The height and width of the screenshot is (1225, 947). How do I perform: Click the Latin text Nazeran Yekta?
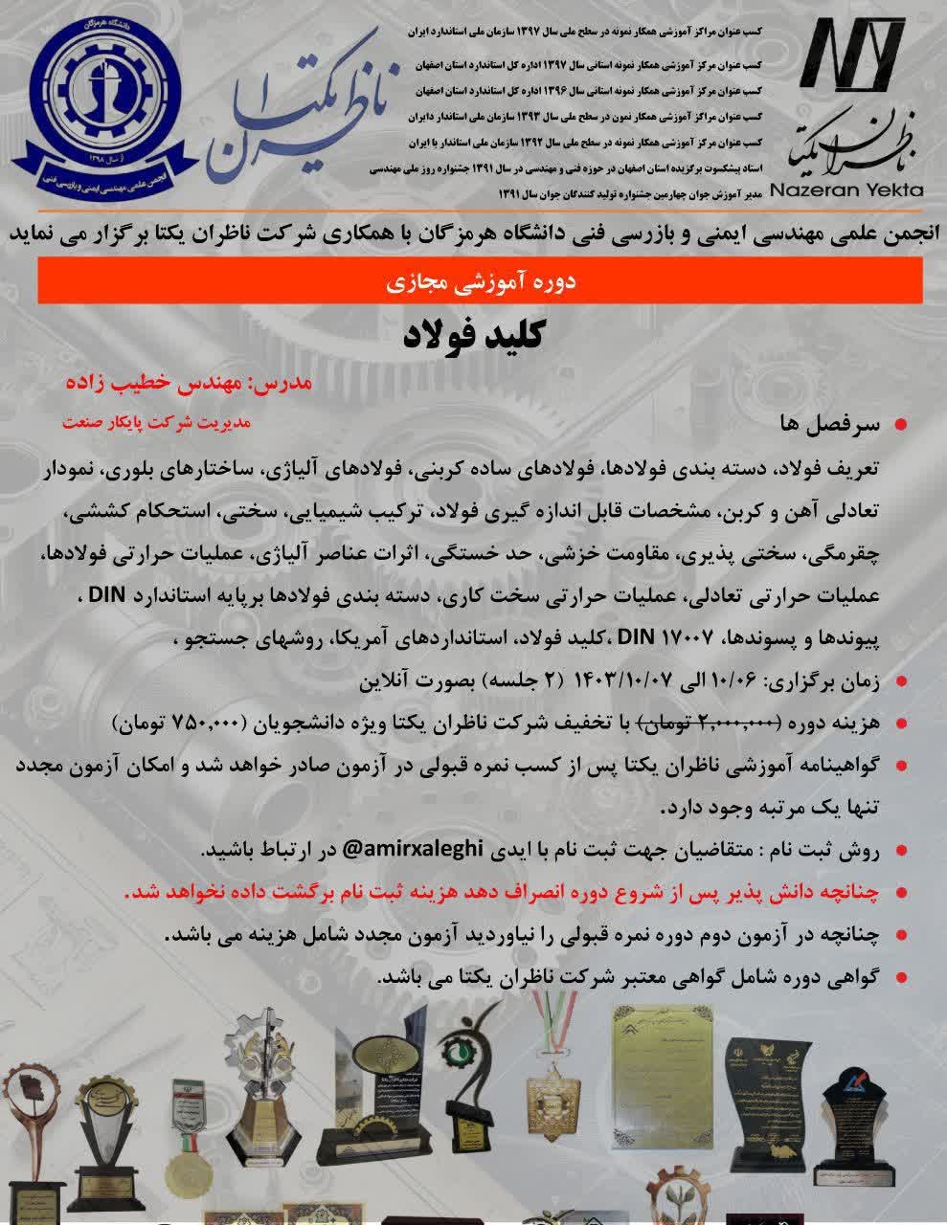click(846, 189)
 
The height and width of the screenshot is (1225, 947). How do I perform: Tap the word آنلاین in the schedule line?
click(390, 681)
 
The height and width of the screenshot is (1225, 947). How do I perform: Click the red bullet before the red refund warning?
click(900, 892)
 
